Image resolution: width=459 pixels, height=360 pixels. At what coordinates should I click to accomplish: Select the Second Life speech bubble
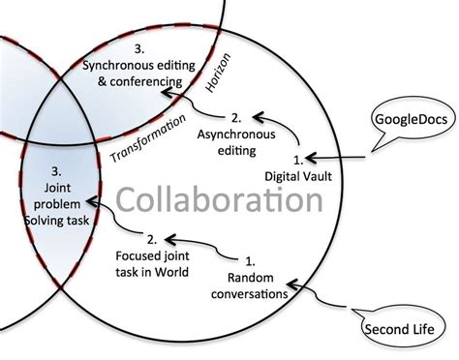point(399,328)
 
